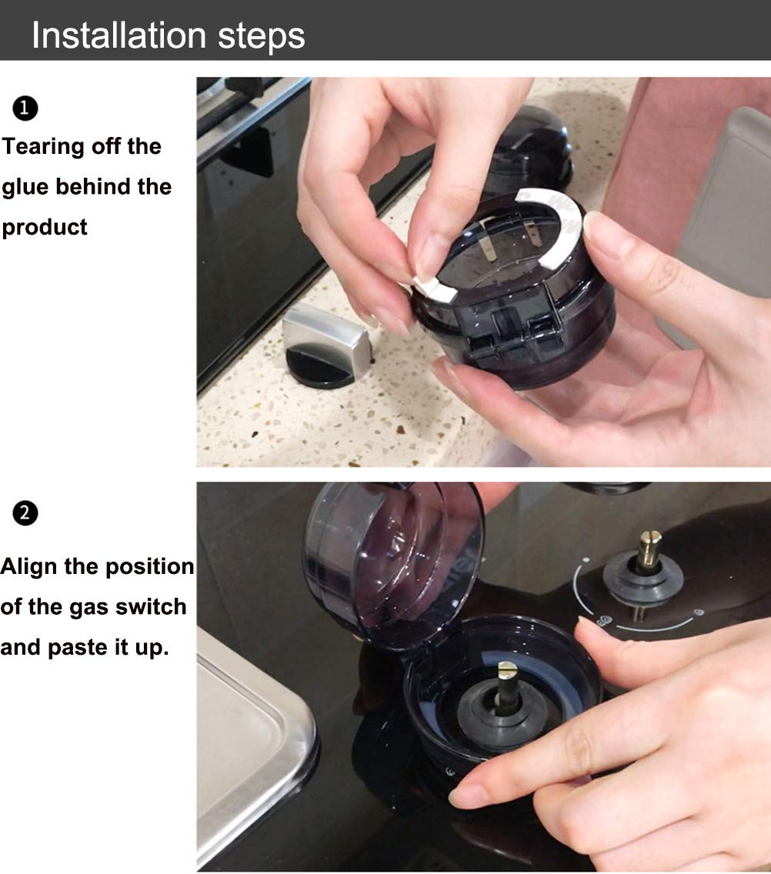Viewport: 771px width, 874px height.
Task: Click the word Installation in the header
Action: tap(119, 35)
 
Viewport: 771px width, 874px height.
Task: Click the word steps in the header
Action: tap(262, 37)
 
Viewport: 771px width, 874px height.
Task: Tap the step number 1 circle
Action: tap(25, 108)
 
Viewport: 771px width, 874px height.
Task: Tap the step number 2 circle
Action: tap(25, 513)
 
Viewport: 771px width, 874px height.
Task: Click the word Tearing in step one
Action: tap(44, 148)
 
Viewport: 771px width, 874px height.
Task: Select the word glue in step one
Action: tap(25, 188)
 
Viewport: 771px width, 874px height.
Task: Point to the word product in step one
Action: tap(45, 228)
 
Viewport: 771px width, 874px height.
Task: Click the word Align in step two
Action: tap(29, 567)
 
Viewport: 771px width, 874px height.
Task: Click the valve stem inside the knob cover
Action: tap(508, 686)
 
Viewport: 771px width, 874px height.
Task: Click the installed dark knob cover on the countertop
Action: tap(532, 148)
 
